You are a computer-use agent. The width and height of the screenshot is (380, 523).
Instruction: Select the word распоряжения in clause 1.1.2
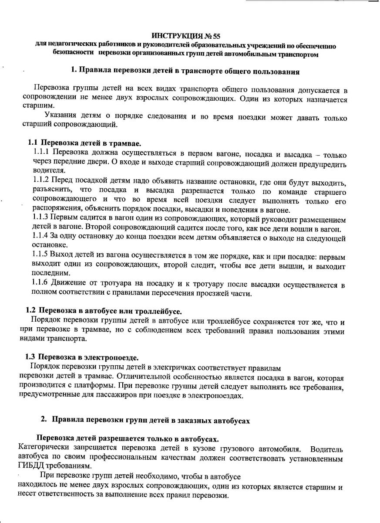click(54, 208)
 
